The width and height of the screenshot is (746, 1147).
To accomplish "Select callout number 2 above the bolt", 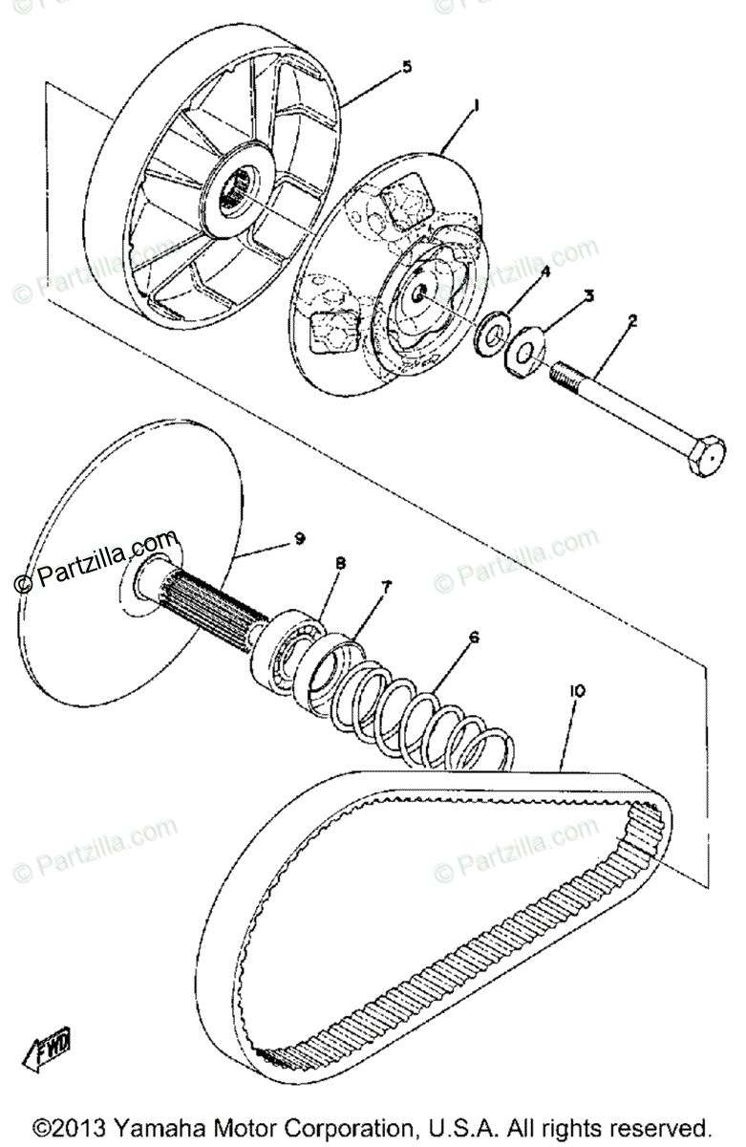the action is (631, 322).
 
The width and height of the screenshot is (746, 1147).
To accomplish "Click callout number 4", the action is (544, 272).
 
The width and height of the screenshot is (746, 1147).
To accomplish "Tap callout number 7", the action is (387, 587).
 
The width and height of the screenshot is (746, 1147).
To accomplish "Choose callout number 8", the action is (339, 564).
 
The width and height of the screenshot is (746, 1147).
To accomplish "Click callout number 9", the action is (299, 539).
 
